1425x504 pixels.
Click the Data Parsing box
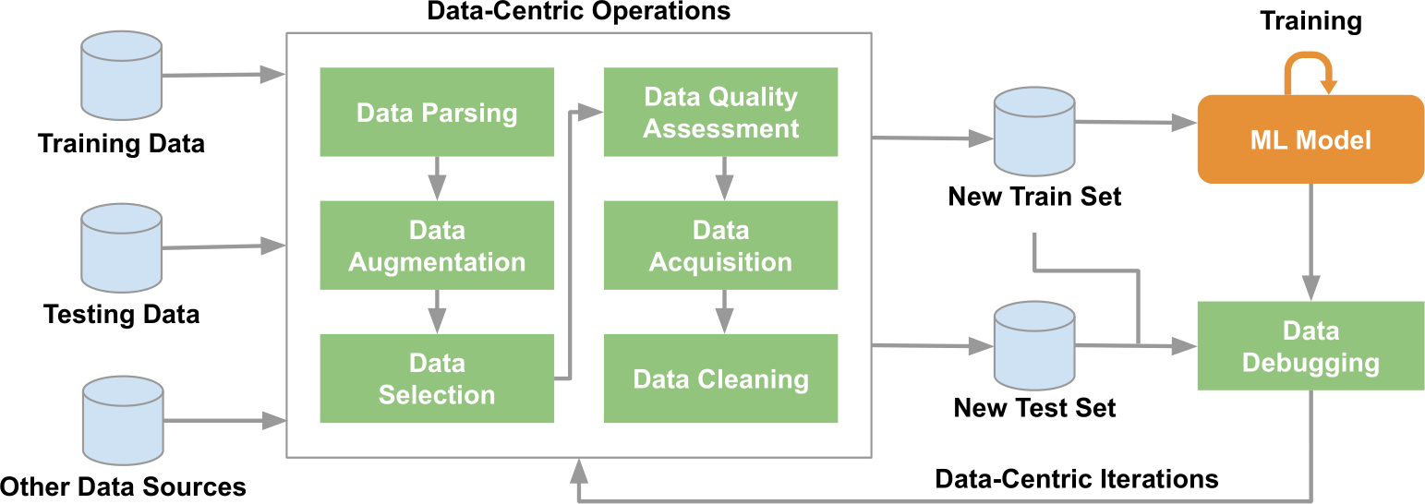[x=437, y=112]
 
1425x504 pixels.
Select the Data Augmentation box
[x=437, y=246]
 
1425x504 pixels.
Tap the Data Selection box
[x=437, y=378]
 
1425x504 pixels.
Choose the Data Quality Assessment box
[x=720, y=112]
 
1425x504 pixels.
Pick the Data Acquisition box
[x=720, y=246]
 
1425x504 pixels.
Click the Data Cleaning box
[x=720, y=378]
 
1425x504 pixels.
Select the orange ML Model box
[x=1310, y=139]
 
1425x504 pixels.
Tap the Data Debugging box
[x=1310, y=346]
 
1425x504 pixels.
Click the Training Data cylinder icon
[x=122, y=76]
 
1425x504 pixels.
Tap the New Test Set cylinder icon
[x=1033, y=347]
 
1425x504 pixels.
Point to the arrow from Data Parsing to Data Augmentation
[x=437, y=178]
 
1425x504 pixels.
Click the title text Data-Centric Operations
[x=578, y=12]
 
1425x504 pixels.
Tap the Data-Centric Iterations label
[x=1077, y=479]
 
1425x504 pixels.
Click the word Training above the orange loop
[x=1311, y=21]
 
